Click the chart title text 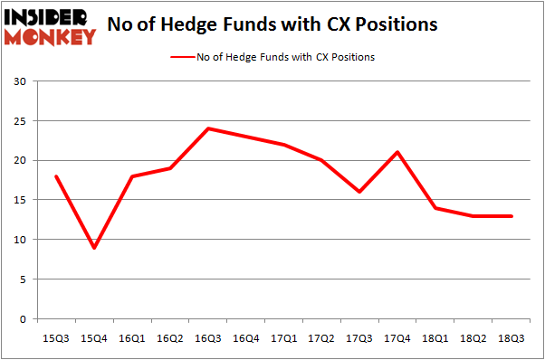[272, 24]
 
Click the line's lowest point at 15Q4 [94, 248]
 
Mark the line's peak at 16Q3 [207, 128]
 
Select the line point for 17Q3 [359, 192]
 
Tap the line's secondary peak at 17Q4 [397, 152]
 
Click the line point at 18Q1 [435, 208]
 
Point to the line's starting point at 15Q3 [56, 176]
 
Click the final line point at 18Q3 [511, 216]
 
